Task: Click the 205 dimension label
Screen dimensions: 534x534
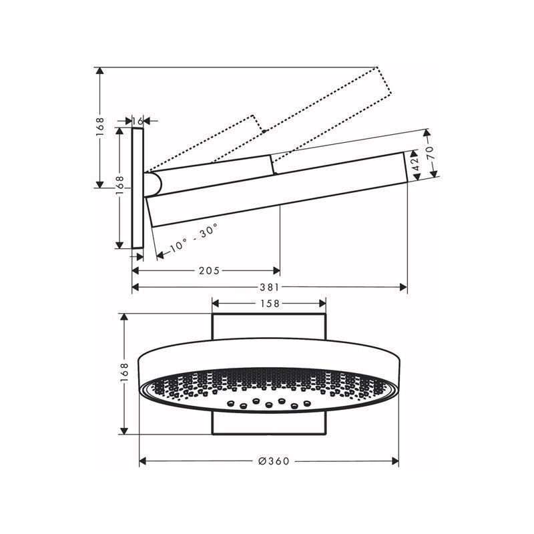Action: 209,271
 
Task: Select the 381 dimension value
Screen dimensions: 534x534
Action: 270,287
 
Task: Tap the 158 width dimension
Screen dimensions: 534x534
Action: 270,303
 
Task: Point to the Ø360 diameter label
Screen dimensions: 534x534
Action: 274,461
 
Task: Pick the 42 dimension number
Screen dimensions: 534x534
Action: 415,165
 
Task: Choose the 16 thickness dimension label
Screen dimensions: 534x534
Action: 138,121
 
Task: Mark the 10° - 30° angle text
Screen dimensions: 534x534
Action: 194,238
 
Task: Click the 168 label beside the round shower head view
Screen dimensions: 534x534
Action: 124,374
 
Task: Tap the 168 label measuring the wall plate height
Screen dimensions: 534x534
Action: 119,186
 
